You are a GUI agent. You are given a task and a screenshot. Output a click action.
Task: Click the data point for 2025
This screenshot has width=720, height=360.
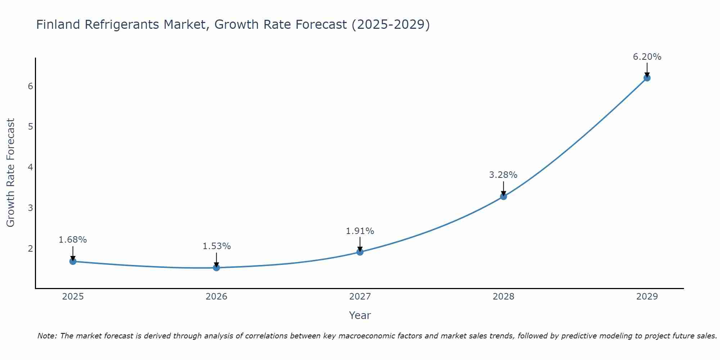73,261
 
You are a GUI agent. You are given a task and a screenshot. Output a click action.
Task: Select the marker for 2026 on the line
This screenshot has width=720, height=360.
216,267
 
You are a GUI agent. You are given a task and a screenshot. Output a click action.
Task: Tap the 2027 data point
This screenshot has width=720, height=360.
360,252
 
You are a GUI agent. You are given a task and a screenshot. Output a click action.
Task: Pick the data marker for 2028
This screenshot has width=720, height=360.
503,196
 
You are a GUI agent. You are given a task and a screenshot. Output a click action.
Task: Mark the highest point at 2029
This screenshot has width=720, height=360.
647,78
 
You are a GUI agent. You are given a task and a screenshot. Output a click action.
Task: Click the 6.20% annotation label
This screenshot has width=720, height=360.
647,57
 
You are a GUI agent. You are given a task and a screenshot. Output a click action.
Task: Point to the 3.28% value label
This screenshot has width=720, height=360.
503,175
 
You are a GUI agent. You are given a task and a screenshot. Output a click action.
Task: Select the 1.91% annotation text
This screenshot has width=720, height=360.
360,231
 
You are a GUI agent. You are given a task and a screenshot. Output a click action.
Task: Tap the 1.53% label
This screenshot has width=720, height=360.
216,246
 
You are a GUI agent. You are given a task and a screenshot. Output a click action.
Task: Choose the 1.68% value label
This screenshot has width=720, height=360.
73,240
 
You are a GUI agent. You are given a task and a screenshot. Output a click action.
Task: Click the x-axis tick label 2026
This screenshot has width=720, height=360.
216,297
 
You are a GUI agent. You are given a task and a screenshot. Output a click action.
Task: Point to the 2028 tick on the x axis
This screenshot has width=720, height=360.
503,297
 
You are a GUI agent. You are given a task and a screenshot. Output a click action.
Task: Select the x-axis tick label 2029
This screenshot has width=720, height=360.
647,297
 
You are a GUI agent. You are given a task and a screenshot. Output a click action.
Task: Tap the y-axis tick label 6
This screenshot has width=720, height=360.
30,86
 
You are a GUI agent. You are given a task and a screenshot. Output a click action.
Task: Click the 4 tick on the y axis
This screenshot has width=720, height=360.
30,167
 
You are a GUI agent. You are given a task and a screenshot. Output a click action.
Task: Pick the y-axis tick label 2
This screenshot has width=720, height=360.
30,248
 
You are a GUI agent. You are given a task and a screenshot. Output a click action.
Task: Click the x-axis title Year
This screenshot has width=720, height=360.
360,315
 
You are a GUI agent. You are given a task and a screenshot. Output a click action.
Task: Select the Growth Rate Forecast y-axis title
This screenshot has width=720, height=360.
11,173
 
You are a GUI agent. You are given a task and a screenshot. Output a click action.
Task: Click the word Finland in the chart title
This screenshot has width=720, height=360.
58,24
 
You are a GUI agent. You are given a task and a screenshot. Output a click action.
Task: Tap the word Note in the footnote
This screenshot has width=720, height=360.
47,336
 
